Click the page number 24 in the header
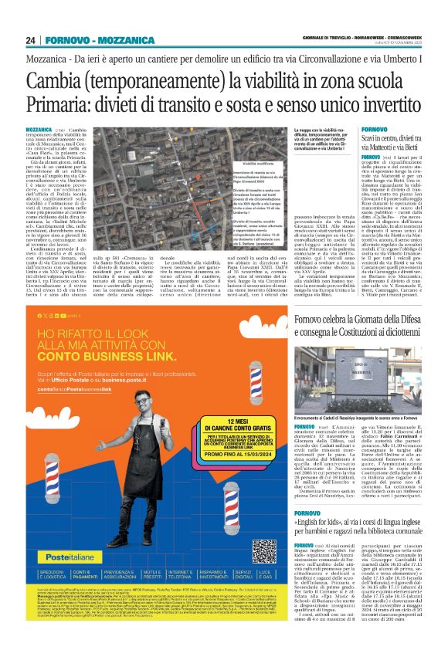(31, 40)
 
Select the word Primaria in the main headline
(63, 106)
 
